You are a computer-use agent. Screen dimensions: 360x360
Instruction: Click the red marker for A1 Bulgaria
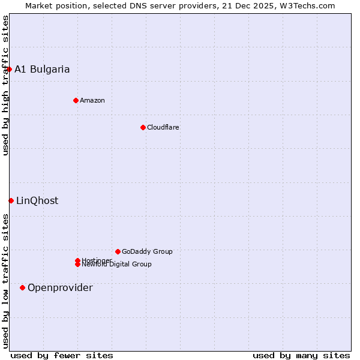(9, 69)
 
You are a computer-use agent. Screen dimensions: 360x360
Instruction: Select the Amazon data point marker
(76, 100)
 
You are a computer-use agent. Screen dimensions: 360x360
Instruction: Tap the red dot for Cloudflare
(143, 127)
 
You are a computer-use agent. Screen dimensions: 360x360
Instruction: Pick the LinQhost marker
(11, 200)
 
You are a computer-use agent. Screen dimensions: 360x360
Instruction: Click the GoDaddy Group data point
(118, 251)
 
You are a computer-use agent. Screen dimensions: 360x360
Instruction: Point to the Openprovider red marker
(22, 287)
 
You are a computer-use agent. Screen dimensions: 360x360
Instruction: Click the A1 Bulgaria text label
(42, 69)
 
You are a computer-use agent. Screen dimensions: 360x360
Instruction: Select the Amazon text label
(92, 100)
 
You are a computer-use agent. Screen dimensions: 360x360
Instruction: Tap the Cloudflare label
(163, 127)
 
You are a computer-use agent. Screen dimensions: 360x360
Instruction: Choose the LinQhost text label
(37, 200)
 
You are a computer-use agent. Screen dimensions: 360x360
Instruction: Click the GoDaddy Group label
(147, 251)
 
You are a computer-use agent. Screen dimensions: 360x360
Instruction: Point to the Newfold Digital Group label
(116, 265)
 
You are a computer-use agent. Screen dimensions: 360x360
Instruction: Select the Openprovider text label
(60, 287)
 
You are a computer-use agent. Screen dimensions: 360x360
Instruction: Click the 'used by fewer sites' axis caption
(62, 355)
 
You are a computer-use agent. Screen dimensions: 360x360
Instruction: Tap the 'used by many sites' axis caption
(301, 355)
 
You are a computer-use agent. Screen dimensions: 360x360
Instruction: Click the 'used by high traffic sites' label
(5, 85)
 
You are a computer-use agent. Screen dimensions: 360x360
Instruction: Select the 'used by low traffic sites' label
(5, 280)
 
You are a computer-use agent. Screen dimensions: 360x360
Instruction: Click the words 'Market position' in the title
(53, 5)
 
